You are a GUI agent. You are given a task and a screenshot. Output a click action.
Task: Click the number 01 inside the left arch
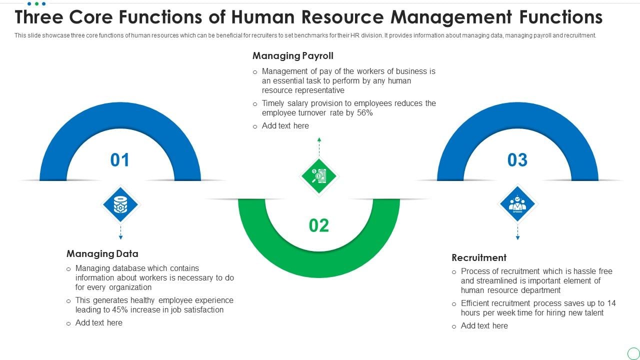[x=119, y=159]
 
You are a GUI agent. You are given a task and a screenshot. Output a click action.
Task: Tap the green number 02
[x=319, y=225]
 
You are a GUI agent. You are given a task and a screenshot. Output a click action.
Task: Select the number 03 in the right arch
[x=517, y=159]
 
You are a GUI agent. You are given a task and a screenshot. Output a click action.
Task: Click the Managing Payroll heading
[x=293, y=55]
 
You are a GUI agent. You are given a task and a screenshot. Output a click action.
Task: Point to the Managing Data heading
[x=102, y=253]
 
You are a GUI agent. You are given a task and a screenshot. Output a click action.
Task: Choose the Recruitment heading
[x=479, y=257]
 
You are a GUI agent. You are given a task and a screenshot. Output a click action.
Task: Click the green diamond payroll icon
[x=319, y=176]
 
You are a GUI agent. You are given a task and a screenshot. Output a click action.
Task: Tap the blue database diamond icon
[x=120, y=204]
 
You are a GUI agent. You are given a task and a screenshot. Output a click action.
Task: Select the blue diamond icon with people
[x=517, y=204]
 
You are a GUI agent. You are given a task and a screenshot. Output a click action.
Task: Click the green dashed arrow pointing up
[x=319, y=146]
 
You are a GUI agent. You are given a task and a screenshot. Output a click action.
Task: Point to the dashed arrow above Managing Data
[x=120, y=232]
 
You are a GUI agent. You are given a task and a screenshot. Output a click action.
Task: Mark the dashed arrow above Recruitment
[x=517, y=232]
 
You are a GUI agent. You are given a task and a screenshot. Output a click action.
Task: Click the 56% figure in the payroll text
[x=365, y=113]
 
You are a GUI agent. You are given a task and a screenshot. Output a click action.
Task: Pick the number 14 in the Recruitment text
[x=611, y=303]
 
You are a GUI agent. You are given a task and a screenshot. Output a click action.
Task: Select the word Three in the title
[x=39, y=17]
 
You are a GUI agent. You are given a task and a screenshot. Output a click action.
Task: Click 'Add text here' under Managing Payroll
[x=285, y=125]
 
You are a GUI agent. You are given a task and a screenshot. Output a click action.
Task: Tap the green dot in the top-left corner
[x=36, y=3]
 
